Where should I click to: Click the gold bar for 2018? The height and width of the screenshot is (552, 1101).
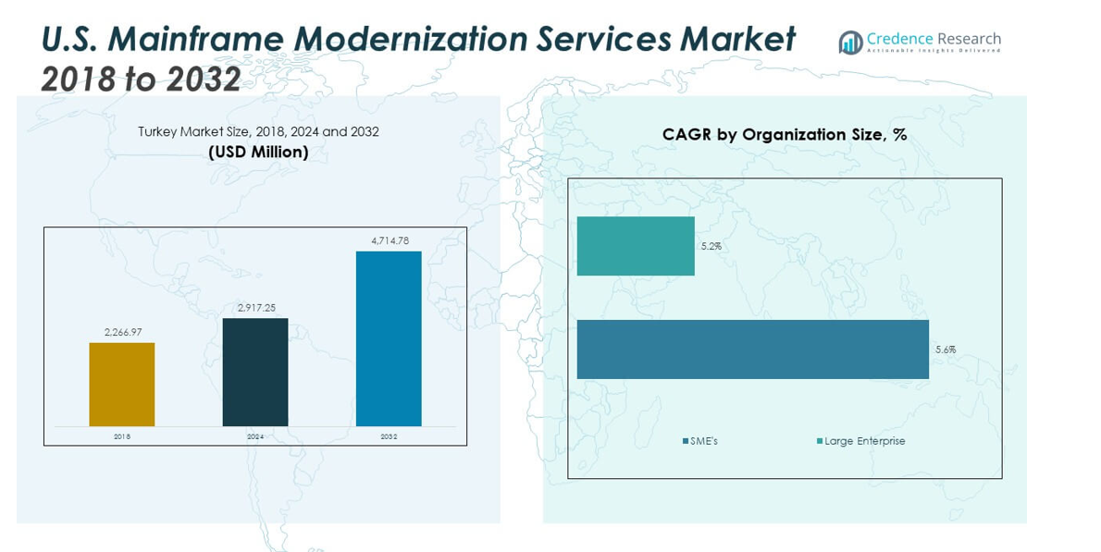[122, 385]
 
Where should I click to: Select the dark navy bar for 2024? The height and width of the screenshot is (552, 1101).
[255, 372]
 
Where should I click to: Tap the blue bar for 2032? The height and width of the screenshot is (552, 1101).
[389, 338]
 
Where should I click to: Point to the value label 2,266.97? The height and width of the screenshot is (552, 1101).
[122, 332]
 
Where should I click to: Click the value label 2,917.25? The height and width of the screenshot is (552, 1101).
[255, 308]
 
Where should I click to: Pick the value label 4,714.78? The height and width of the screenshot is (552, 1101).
[389, 240]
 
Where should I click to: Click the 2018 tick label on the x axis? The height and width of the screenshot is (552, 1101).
[122, 436]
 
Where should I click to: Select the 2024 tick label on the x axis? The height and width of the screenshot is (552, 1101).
[255, 436]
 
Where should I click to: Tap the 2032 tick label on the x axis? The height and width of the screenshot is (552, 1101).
[389, 436]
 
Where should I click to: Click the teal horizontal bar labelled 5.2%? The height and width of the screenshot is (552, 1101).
[636, 246]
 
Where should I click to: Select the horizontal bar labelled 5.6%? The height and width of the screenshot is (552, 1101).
[752, 350]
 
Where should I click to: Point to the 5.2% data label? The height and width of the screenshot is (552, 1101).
[711, 247]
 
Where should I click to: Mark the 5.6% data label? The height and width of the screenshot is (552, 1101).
[945, 350]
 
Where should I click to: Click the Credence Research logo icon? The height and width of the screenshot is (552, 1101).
[849, 43]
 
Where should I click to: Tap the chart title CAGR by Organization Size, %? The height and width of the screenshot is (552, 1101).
[784, 135]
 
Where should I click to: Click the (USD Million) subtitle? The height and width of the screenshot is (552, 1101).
[258, 152]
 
